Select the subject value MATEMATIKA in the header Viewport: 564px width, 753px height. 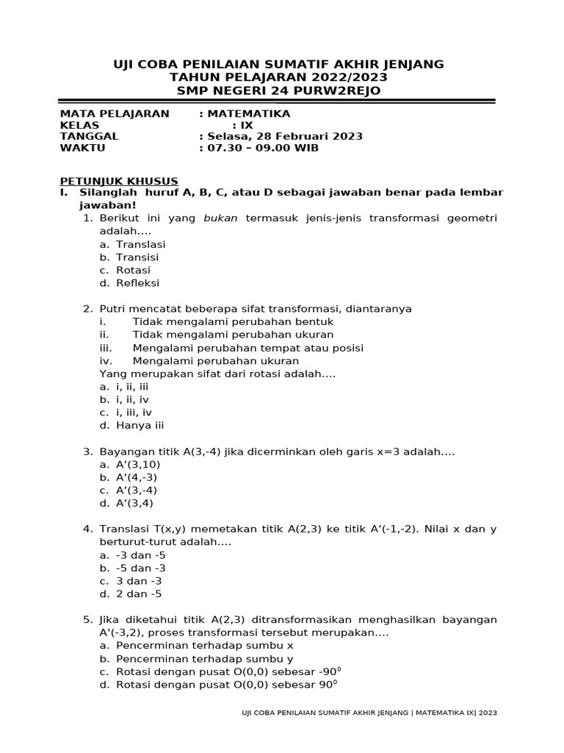pyautogui.click(x=249, y=113)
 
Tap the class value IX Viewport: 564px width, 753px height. pyautogui.click(x=247, y=125)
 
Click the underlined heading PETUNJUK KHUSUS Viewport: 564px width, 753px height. pyautogui.click(x=118, y=181)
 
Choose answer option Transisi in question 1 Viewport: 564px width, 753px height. pyautogui.click(x=137, y=257)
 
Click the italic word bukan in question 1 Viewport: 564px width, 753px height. pyautogui.click(x=221, y=218)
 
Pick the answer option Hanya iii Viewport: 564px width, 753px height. pyautogui.click(x=140, y=425)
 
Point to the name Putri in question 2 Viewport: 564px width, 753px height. pyautogui.click(x=115, y=309)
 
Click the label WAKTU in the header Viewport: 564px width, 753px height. pyautogui.click(x=82, y=148)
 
